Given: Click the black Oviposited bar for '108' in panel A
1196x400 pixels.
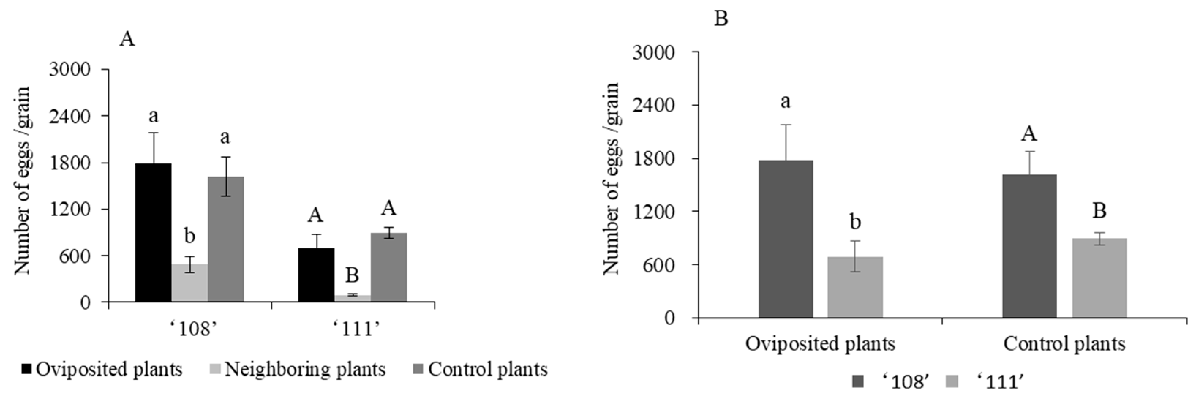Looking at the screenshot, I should coord(153,232).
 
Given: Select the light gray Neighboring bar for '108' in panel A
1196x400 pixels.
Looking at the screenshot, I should coord(189,283).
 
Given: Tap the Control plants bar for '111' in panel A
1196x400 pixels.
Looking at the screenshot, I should coord(388,267).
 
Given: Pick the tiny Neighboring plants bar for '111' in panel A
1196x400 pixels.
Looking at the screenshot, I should coord(352,298).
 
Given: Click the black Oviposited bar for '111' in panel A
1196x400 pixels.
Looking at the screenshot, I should coord(316,275).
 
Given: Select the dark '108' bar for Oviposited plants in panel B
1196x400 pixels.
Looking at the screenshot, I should coord(786,239).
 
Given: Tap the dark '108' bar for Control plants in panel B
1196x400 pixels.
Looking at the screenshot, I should coord(1029,246).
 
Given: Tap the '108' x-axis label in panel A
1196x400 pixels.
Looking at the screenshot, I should coord(190,329).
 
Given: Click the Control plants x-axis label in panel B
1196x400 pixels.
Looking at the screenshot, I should coord(1064,344).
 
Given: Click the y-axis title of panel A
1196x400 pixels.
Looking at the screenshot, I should coord(22,181).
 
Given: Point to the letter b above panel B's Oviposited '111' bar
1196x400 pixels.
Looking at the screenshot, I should coord(855,222).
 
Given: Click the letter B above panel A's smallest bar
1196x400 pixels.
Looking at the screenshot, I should coord(352,275).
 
